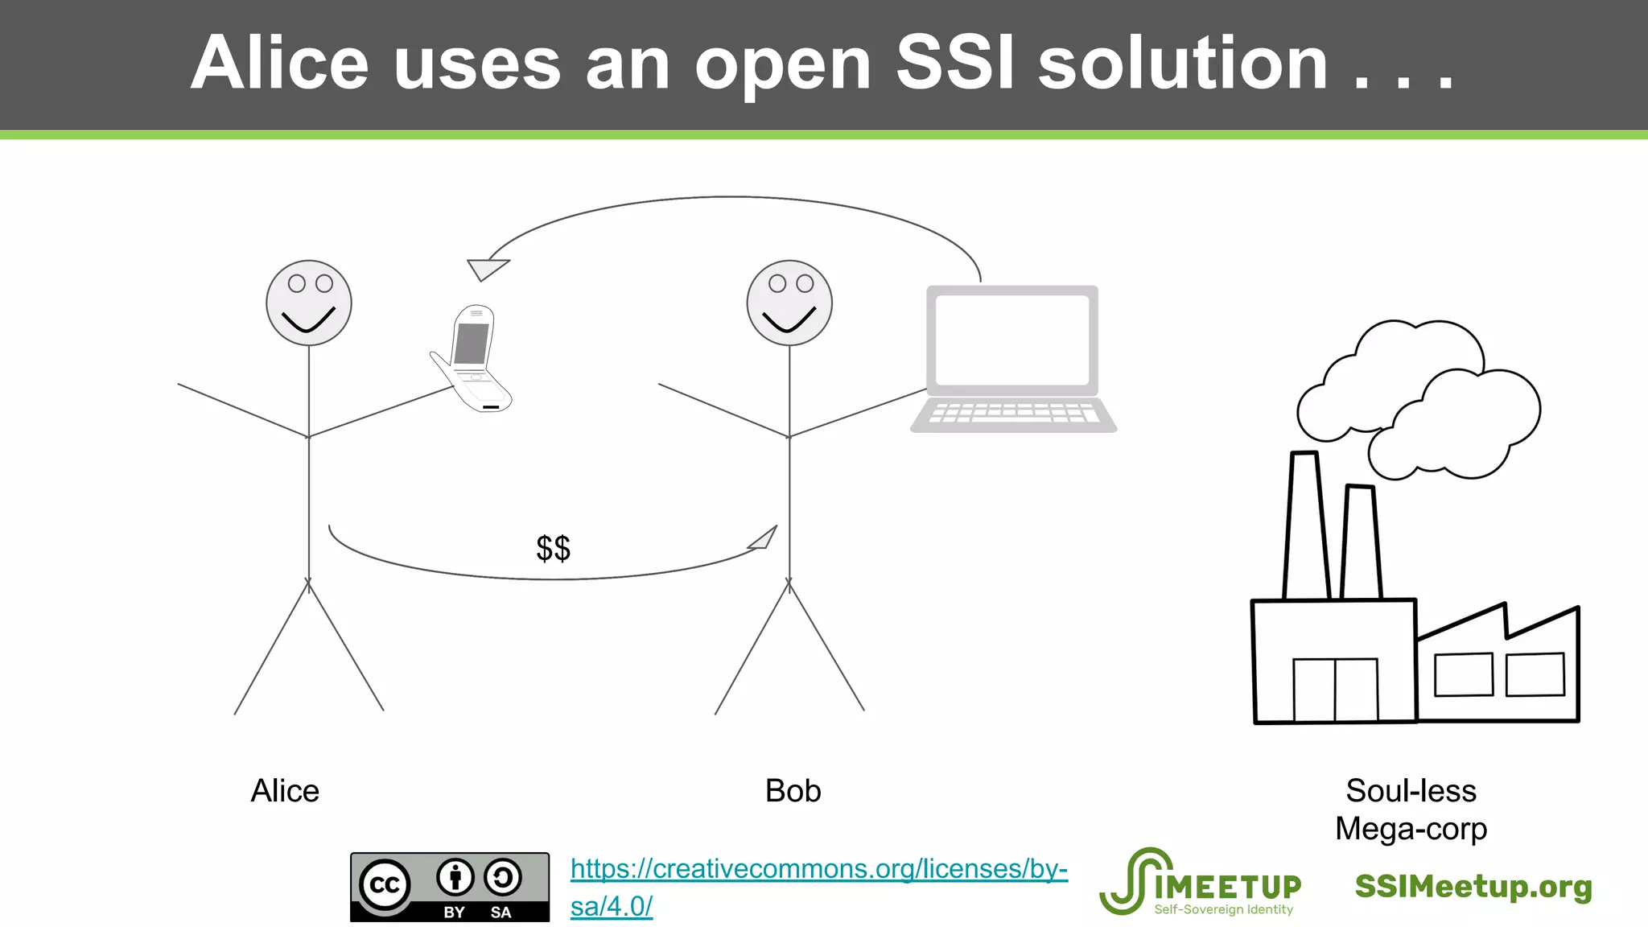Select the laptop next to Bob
[x=1012, y=358]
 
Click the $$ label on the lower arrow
[x=554, y=549]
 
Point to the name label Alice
[x=285, y=791]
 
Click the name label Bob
[x=793, y=791]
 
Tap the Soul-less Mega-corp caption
[x=1411, y=810]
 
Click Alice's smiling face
[x=309, y=303]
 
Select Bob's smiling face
[x=789, y=303]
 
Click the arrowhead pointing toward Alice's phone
[x=486, y=269]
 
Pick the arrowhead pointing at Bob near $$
[x=764, y=538]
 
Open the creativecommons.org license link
[x=818, y=870]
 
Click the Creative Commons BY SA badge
[x=450, y=887]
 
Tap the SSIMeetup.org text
[x=1473, y=887]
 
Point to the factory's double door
[x=1335, y=690]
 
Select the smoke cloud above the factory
[x=1420, y=398]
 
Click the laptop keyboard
[x=1013, y=414]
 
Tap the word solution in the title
[x=1183, y=64]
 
